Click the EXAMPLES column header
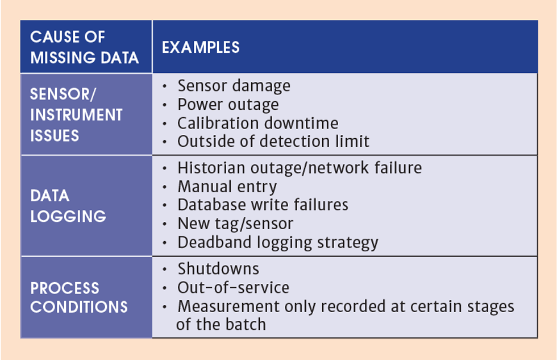tap(201, 47)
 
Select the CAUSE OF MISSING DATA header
tap(85, 47)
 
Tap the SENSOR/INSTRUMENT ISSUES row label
tap(76, 115)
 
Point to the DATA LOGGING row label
tap(68, 206)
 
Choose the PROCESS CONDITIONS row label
tap(79, 297)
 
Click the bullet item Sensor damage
tap(234, 86)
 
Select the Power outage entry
tap(228, 105)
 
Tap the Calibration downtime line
tap(258, 123)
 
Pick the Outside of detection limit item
tap(273, 142)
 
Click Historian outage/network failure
tap(300, 168)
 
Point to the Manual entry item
tap(227, 187)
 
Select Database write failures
tap(263, 205)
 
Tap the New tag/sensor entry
tap(235, 224)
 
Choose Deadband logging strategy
tap(278, 242)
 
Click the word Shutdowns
tap(218, 268)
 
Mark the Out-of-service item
tap(234, 288)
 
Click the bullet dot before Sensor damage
tap(164, 86)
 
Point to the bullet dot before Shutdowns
tap(164, 269)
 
